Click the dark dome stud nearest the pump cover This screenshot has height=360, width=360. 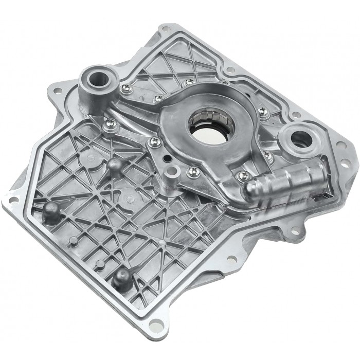tap(114, 165)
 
